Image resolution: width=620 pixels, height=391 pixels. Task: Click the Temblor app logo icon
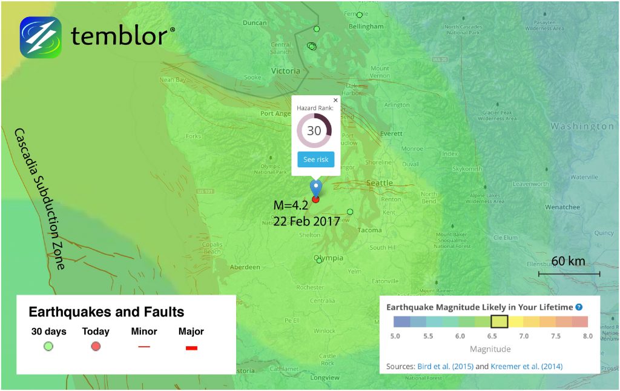[41, 37]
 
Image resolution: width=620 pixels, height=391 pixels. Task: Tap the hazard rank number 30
[314, 130]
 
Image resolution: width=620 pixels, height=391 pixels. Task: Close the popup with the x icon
[335, 101]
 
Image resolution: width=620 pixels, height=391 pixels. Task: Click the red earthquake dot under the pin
[315, 199]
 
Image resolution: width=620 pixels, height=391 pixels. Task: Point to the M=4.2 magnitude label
[291, 208]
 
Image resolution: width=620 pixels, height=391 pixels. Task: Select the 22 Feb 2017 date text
[306, 222]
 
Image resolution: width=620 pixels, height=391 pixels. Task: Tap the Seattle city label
[379, 183]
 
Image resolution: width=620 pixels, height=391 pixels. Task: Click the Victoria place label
[285, 71]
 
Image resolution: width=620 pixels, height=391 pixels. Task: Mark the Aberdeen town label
[245, 267]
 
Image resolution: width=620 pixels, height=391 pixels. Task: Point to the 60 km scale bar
[569, 274]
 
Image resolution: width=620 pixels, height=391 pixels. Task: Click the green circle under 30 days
[48, 346]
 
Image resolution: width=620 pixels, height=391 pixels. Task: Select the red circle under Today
[96, 346]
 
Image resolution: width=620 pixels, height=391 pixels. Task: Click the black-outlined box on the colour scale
[500, 322]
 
